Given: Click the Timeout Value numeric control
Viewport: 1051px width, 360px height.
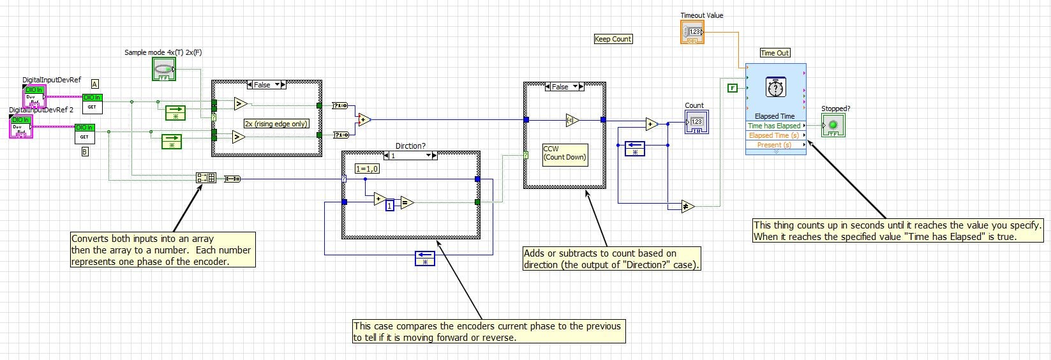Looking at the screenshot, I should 692,33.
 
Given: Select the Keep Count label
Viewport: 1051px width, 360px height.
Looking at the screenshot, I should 613,39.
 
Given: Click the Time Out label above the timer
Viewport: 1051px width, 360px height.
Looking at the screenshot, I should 775,53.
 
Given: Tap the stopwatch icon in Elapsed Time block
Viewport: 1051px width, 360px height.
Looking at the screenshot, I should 775,87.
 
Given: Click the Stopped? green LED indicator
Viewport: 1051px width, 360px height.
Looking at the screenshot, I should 833,125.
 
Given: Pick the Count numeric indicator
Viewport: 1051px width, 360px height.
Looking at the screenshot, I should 696,121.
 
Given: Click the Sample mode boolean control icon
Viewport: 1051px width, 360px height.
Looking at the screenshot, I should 164,69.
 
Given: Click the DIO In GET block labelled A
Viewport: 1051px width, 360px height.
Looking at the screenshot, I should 92,103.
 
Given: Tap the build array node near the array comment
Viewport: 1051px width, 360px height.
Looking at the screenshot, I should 206,178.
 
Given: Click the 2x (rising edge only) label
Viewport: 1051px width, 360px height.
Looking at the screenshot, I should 276,124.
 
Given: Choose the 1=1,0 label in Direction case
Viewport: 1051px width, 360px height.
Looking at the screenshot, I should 367,169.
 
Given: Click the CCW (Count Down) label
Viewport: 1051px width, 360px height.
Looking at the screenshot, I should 564,153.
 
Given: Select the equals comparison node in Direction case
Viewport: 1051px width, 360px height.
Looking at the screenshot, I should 406,203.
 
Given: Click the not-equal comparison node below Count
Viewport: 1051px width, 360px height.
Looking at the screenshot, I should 687,206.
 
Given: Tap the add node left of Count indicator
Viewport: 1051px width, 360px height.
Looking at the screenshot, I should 651,124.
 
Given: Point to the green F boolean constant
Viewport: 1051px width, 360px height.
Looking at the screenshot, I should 733,88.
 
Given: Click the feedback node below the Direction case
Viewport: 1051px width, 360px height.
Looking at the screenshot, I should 424,258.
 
